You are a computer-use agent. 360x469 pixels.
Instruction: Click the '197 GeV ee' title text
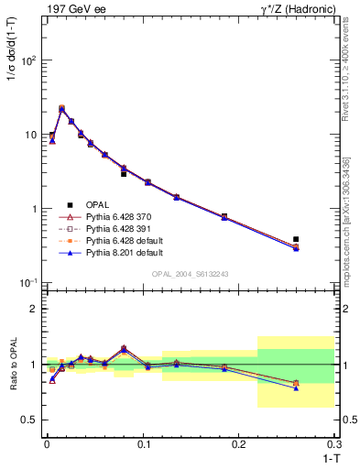pyautogui.click(x=73, y=8)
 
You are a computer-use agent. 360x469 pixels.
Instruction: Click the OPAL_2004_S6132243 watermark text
pyautogui.click(x=190, y=275)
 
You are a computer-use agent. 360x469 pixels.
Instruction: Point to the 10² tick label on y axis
pyautogui.click(x=28, y=60)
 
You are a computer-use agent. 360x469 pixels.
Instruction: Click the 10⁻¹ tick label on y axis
pyautogui.click(x=28, y=283)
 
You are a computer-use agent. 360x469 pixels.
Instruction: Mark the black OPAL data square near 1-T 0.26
pyautogui.click(x=295, y=239)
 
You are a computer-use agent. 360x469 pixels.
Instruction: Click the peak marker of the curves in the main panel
pyautogui.click(x=61, y=108)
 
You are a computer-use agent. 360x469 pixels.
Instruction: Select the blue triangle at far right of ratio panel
pyautogui.click(x=295, y=388)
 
